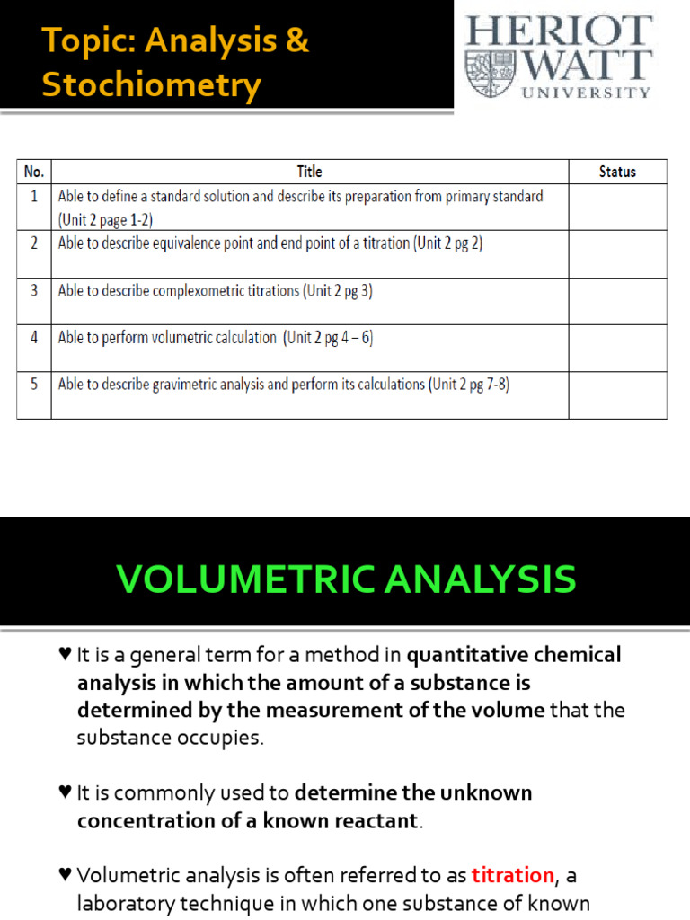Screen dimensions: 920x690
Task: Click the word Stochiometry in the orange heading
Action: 151,86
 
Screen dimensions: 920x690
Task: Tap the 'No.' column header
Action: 34,172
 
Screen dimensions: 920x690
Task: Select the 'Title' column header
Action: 309,172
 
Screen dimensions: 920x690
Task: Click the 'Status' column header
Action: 617,172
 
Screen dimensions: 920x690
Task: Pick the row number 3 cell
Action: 34,291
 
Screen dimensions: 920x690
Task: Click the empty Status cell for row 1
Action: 617,207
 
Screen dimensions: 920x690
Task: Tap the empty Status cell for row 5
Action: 617,395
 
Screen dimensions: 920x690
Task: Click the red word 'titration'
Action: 512,875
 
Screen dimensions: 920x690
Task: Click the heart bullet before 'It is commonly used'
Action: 65,793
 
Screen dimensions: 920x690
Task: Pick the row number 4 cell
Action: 34,338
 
